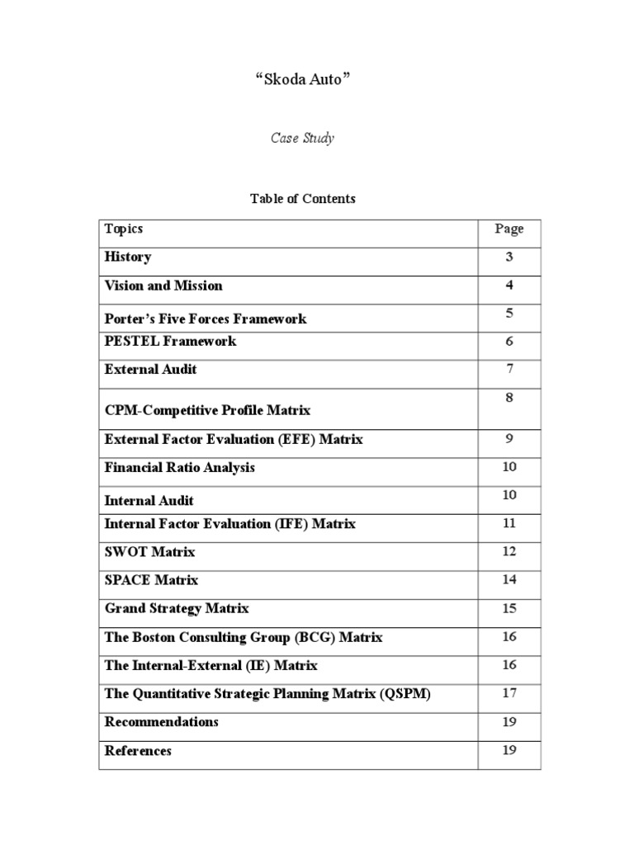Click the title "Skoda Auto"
(303, 80)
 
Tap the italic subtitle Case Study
(302, 138)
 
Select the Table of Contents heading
(302, 198)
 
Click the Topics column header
(124, 229)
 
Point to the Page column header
(509, 229)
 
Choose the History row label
(128, 257)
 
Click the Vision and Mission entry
(163, 286)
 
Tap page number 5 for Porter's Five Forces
(509, 313)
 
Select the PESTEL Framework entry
(170, 341)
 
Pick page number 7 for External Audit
(509, 368)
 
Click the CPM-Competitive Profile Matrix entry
(207, 410)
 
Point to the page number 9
(509, 439)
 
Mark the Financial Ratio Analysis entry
(180, 467)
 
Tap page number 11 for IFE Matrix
(509, 523)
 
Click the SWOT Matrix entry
(150, 551)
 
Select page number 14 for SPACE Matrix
(509, 579)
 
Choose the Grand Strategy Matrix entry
(177, 608)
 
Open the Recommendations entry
(162, 721)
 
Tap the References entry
(139, 751)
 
